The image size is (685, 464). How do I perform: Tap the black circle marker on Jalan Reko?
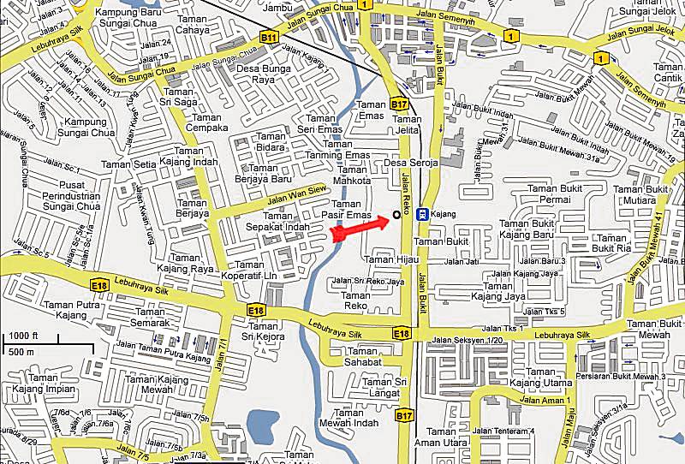click(x=396, y=214)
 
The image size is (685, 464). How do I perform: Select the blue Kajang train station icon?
click(x=421, y=214)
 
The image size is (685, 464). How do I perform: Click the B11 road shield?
click(x=269, y=38)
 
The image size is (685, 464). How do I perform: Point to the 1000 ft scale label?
click(x=26, y=335)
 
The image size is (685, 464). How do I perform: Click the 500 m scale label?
click(x=21, y=351)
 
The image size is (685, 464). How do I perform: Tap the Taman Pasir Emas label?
click(x=347, y=210)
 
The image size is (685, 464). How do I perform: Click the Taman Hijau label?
click(x=390, y=259)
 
